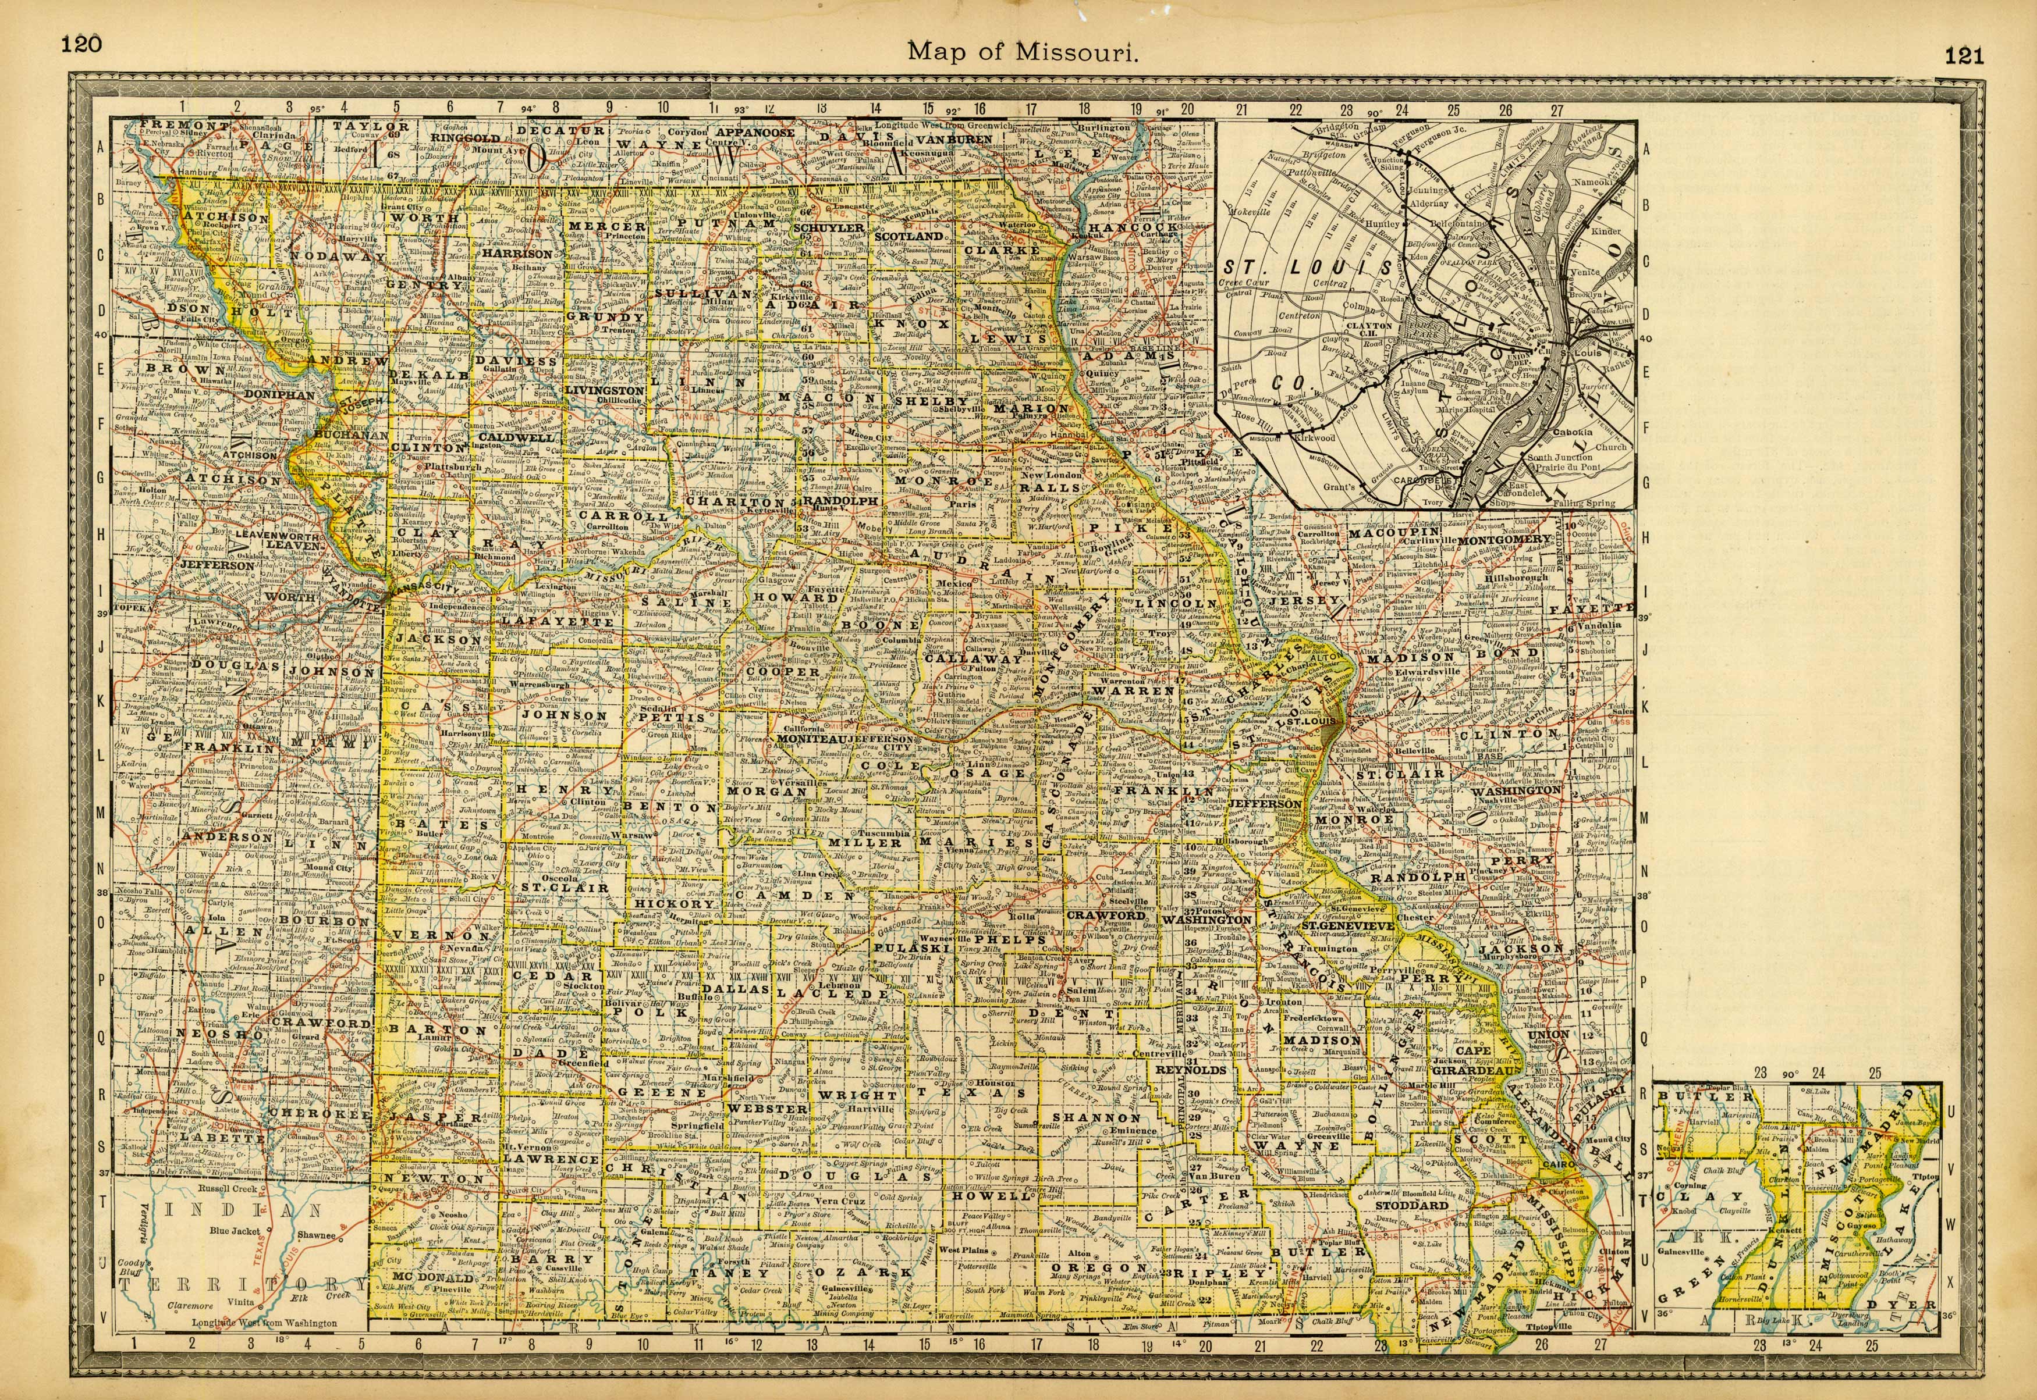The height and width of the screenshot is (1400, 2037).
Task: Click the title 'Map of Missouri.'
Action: (x=1023, y=52)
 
